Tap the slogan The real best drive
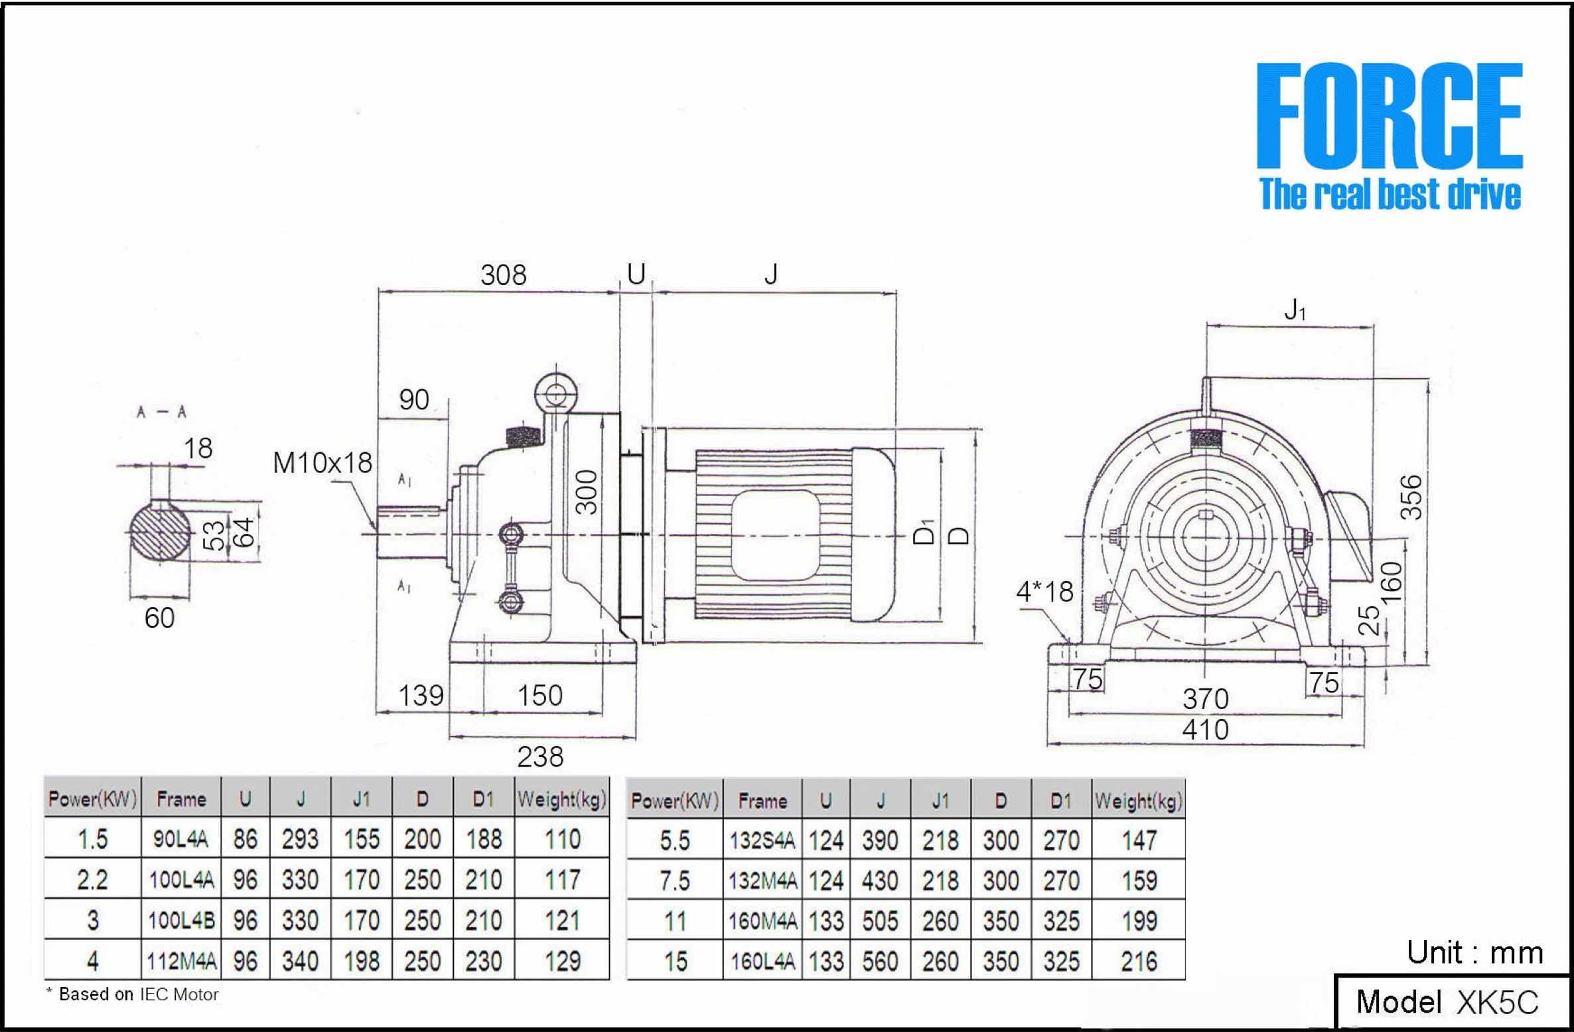pyautogui.click(x=1390, y=194)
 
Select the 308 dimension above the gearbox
pyautogui.click(x=504, y=275)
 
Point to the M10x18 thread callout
pyautogui.click(x=322, y=463)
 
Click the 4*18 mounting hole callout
pyautogui.click(x=1044, y=592)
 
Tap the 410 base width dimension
pyautogui.click(x=1205, y=730)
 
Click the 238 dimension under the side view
pyautogui.click(x=540, y=757)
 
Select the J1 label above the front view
pyautogui.click(x=1295, y=310)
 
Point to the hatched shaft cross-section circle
pyautogui.click(x=159, y=531)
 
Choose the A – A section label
pyautogui.click(x=161, y=413)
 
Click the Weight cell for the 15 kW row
pyautogui.click(x=1139, y=961)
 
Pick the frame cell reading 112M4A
pyautogui.click(x=181, y=960)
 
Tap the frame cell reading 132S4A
pyautogui.click(x=762, y=840)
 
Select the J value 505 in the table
pyautogui.click(x=880, y=921)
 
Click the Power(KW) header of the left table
pyautogui.click(x=93, y=799)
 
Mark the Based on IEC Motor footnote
pyautogui.click(x=133, y=995)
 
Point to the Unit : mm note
pyautogui.click(x=1474, y=953)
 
